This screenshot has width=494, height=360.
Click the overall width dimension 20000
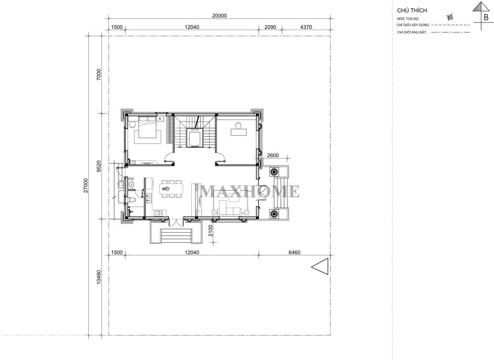(x=220, y=16)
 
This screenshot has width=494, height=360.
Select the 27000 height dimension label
(x=86, y=186)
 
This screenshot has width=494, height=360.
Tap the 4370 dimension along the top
(x=306, y=27)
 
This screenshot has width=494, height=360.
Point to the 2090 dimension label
(x=270, y=27)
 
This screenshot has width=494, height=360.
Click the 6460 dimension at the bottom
(x=295, y=252)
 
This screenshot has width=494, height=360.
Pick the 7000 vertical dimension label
(x=99, y=75)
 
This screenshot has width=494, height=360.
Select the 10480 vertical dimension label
(x=99, y=277)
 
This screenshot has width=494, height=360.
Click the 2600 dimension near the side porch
(x=273, y=155)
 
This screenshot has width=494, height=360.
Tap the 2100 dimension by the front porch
(x=211, y=230)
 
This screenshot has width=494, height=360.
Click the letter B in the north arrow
(x=486, y=18)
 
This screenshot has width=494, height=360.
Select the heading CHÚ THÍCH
(x=412, y=11)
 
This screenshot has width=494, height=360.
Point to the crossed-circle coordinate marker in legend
(x=450, y=17)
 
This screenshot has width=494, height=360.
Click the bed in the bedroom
(x=148, y=127)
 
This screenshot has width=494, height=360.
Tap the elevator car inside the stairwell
(x=194, y=138)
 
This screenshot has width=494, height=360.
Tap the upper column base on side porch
(x=274, y=172)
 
